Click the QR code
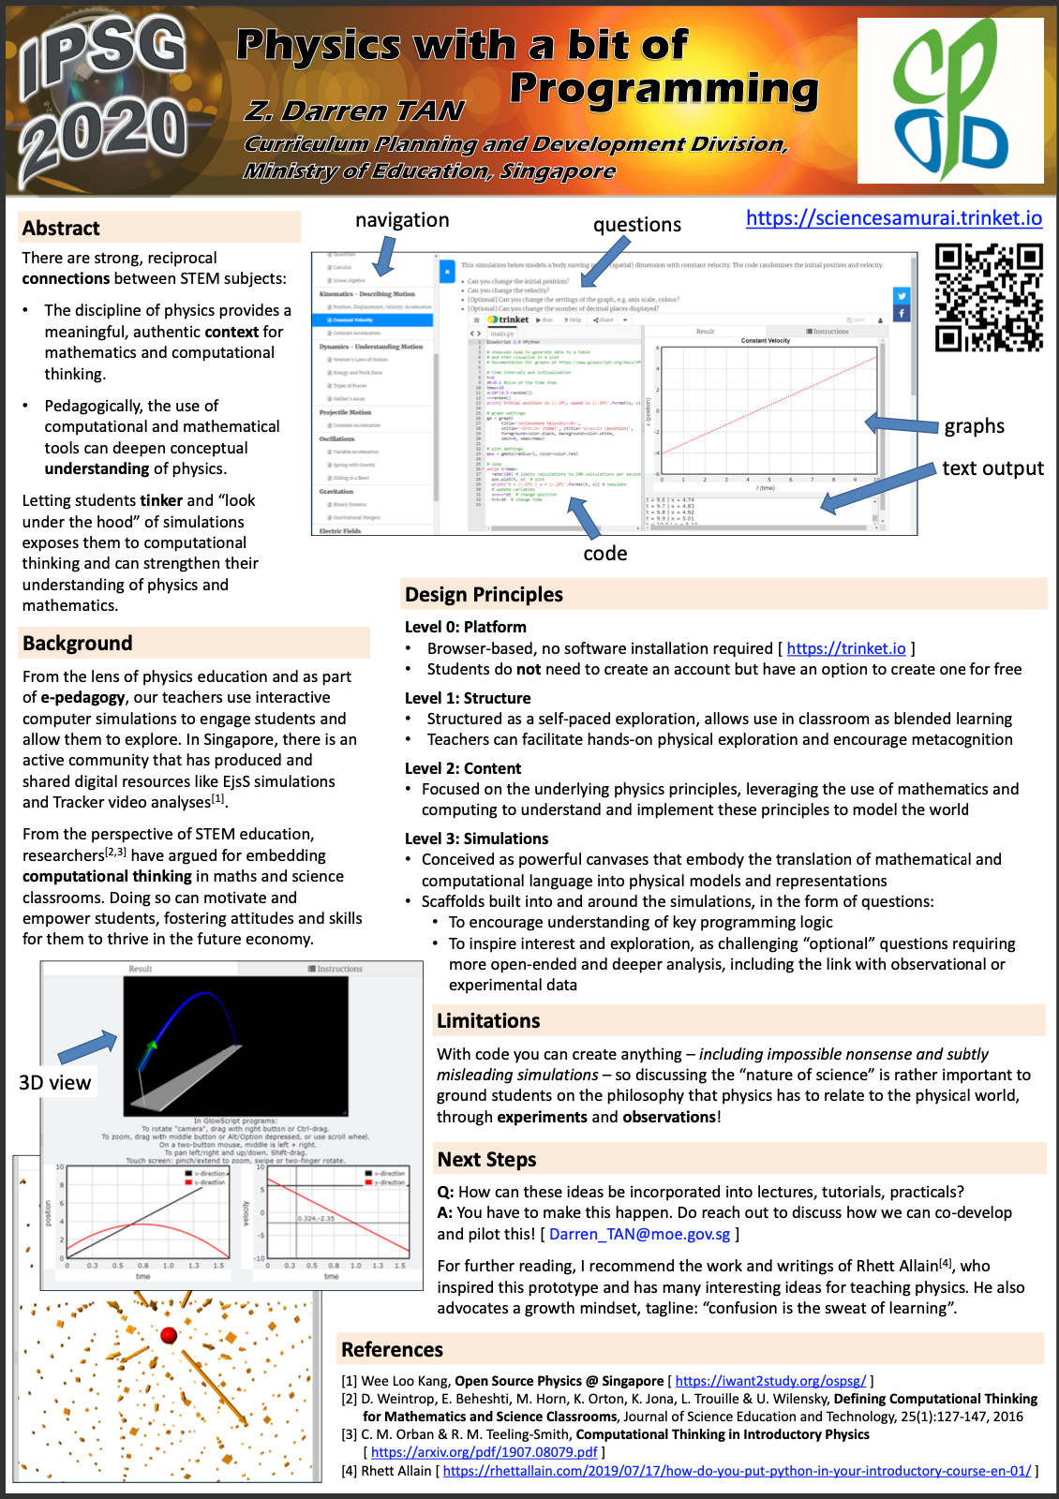989,297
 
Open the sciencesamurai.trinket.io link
893,218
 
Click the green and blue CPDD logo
949,100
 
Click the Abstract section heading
61,229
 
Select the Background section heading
78,644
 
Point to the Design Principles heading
484,595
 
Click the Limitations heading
488,1021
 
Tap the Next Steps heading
486,1160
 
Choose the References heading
392,1350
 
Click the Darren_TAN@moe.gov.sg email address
639,1235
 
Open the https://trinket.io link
845,648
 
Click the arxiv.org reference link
484,1452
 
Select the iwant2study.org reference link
770,1381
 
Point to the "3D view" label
55,1083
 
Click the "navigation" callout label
402,220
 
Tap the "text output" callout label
992,468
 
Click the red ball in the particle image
170,1335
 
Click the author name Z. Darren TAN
354,111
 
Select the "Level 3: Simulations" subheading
476,839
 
